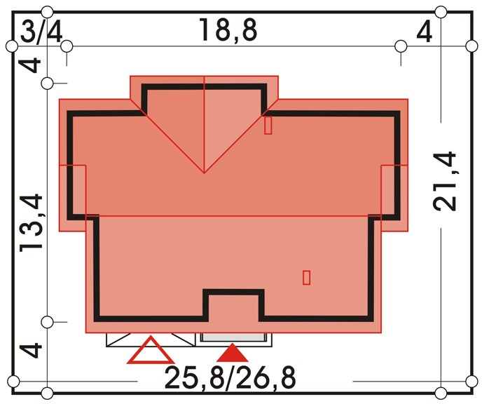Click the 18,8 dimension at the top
click(228, 30)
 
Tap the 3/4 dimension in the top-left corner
click(41, 32)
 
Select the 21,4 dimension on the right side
click(444, 181)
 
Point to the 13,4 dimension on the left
click(31, 223)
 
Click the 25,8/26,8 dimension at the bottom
click(230, 378)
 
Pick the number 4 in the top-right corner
click(425, 32)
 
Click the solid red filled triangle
click(233, 354)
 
